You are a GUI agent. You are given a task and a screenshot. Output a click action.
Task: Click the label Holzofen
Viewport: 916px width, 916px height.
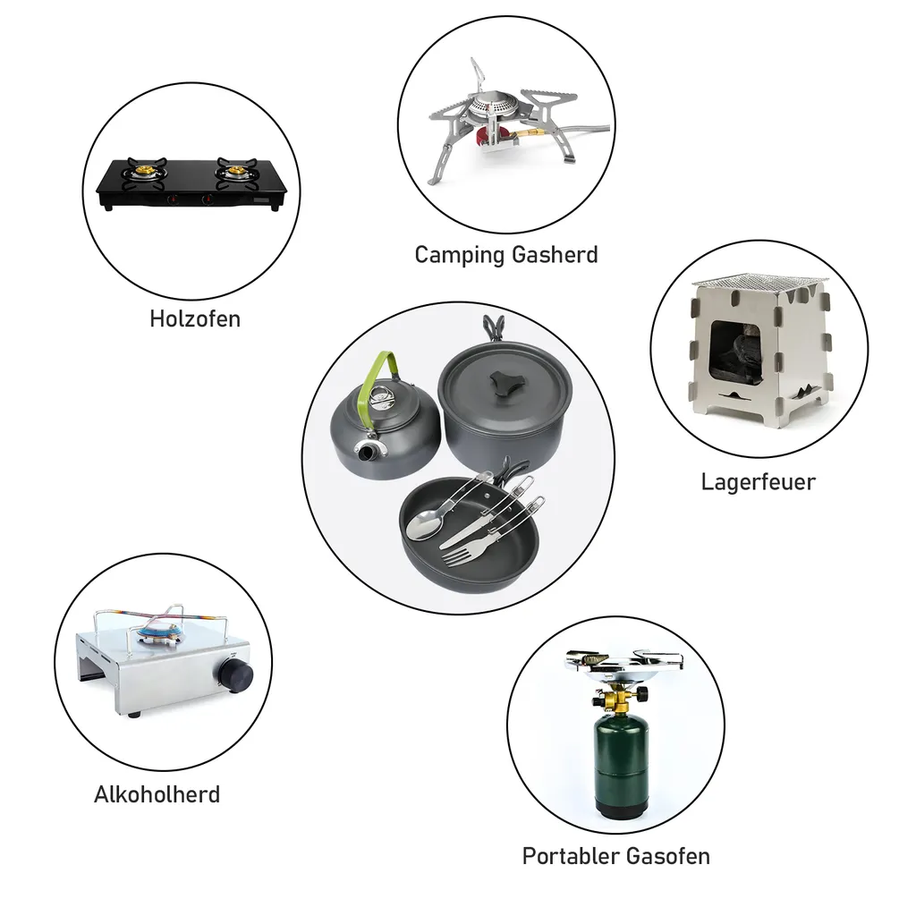(x=195, y=318)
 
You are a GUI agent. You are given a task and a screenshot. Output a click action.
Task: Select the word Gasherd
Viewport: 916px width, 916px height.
(x=555, y=255)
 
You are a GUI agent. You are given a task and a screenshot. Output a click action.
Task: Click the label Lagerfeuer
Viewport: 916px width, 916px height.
(x=758, y=482)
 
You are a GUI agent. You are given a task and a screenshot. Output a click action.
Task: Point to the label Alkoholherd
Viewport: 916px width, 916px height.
(x=157, y=794)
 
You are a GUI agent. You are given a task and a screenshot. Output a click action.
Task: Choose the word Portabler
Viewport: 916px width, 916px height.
(x=566, y=856)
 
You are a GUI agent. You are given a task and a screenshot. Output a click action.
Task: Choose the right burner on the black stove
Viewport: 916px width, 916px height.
(x=235, y=169)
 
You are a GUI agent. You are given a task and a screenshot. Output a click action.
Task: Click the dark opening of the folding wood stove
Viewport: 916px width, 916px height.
(x=735, y=353)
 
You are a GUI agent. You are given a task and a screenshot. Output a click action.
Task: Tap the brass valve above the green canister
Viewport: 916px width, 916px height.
(x=616, y=697)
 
